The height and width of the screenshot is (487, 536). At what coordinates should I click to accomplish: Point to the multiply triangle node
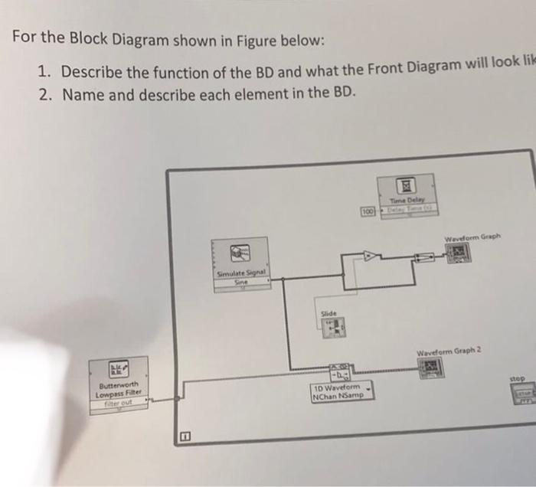coord(371,257)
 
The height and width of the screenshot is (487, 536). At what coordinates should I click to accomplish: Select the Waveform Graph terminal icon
coord(459,256)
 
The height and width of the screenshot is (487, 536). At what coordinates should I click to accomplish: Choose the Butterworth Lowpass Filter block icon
coord(119,370)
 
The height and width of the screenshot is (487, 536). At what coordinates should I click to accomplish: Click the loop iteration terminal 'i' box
coord(184,436)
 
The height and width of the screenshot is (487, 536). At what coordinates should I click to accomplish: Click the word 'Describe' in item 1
coord(98,73)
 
